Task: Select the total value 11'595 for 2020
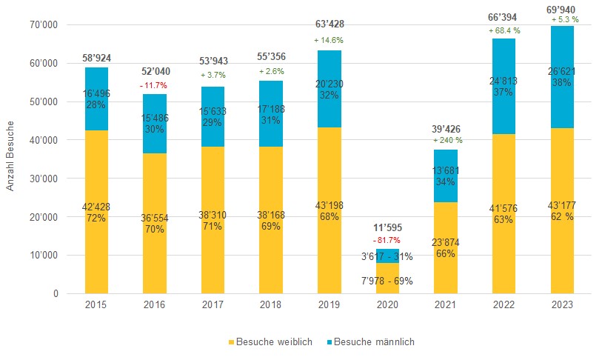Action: coord(387,227)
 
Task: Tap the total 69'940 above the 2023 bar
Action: coord(561,10)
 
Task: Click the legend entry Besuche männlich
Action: coord(369,342)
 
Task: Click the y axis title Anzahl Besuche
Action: coord(10,159)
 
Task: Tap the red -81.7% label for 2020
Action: coord(387,240)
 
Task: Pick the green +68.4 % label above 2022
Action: coord(504,31)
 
